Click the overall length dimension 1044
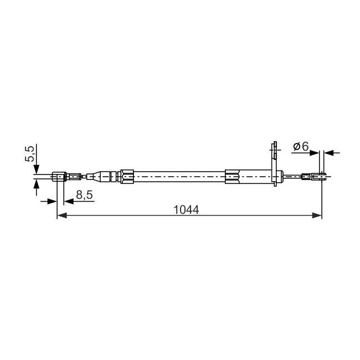(x=186, y=210)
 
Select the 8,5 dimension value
(x=84, y=195)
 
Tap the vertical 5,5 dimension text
(x=30, y=153)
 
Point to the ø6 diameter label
(x=301, y=146)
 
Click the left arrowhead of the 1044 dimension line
(x=62, y=215)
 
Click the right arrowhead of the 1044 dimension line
(x=317, y=215)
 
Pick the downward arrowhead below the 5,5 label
(x=37, y=169)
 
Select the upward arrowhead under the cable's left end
(x=37, y=184)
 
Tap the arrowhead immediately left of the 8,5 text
(x=69, y=202)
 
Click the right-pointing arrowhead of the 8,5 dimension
(x=52, y=202)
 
